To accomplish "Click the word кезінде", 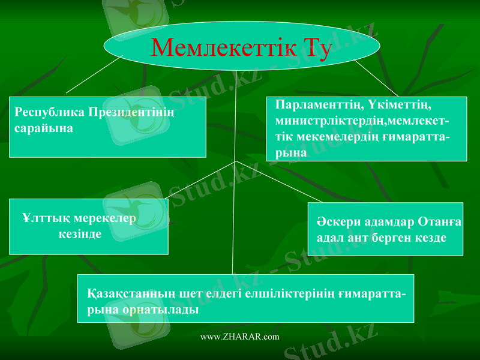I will pos(80,233).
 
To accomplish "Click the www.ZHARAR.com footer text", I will pos(239,337).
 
